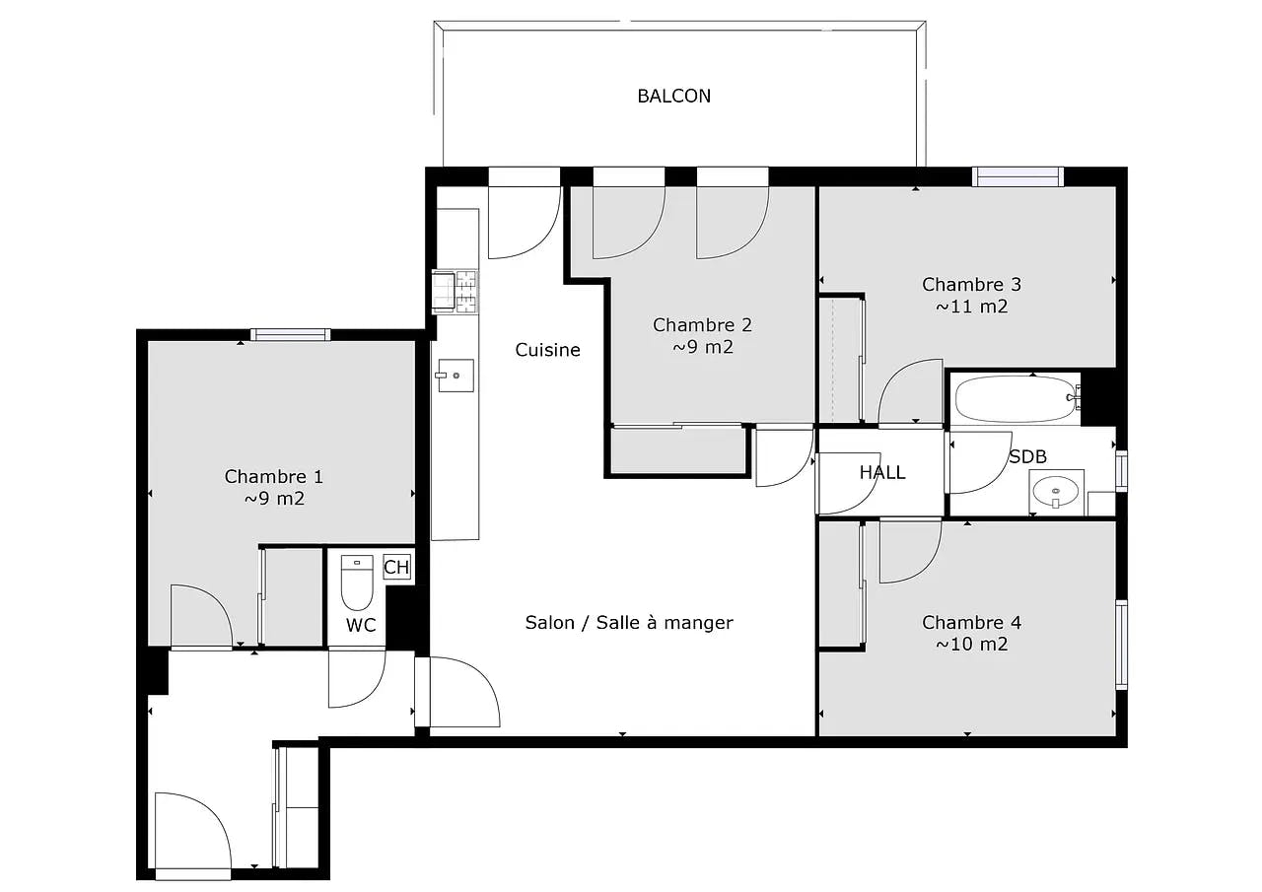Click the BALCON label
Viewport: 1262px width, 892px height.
coord(673,96)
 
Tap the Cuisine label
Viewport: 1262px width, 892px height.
coord(547,350)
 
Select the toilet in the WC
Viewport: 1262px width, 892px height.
coord(356,584)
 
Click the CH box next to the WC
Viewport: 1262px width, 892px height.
coord(396,567)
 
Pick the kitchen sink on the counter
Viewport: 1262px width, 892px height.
coord(456,375)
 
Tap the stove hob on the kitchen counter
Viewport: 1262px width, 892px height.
coord(456,292)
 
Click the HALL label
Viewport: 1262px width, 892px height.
coord(881,473)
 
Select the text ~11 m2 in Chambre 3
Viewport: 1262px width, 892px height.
coord(971,307)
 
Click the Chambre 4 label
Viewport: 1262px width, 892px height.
coord(971,622)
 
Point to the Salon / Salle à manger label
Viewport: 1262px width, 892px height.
coord(629,622)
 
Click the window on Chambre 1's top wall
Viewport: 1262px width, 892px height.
coord(290,335)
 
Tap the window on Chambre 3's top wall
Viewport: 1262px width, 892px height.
coord(1017,176)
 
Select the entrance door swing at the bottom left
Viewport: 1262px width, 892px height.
coord(193,833)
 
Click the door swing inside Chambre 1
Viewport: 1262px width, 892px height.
coord(200,616)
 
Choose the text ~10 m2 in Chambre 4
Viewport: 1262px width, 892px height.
coord(971,645)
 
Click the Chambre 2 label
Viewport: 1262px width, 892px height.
coord(702,325)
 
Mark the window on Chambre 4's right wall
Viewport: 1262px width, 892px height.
coord(1121,645)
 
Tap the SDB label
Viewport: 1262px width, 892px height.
coord(1027,457)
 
